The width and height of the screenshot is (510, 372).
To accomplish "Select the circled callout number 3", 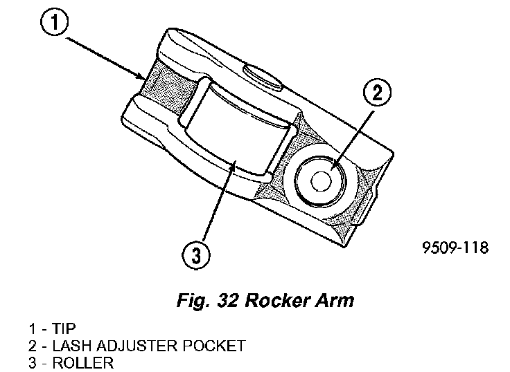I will tap(196, 256).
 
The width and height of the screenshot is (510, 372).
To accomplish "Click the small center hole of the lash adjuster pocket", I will tap(321, 180).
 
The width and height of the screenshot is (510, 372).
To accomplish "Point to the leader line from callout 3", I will tap(214, 207).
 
